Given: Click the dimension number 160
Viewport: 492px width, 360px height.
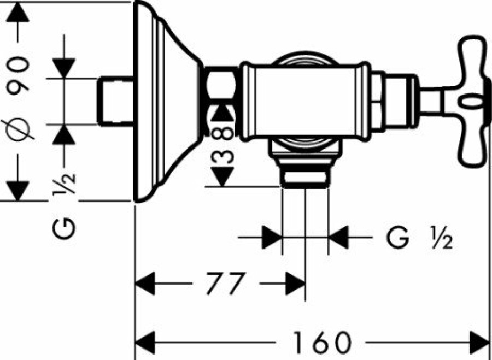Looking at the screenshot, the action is pos(321,342).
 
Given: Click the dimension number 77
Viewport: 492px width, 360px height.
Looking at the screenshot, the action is pos(226,284).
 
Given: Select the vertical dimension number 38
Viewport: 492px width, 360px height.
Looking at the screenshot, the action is pos(222,145).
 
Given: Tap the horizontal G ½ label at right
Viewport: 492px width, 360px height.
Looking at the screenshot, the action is pos(419,238).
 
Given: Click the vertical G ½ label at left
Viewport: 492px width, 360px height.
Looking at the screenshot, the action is pos(64,206).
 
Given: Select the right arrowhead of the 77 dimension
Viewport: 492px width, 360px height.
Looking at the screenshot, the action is pos(295,284).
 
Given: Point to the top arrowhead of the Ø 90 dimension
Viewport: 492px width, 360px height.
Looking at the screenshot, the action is pos(17,13).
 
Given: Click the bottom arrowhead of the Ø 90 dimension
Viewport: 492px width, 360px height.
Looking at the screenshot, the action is pos(17,191).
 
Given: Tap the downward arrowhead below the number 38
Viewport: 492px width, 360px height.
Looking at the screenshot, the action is pos(222,177).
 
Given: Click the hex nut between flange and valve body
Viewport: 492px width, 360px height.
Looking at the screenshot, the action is pos(221,86).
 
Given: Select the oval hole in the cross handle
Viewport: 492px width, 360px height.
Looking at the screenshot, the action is pos(471,102).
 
